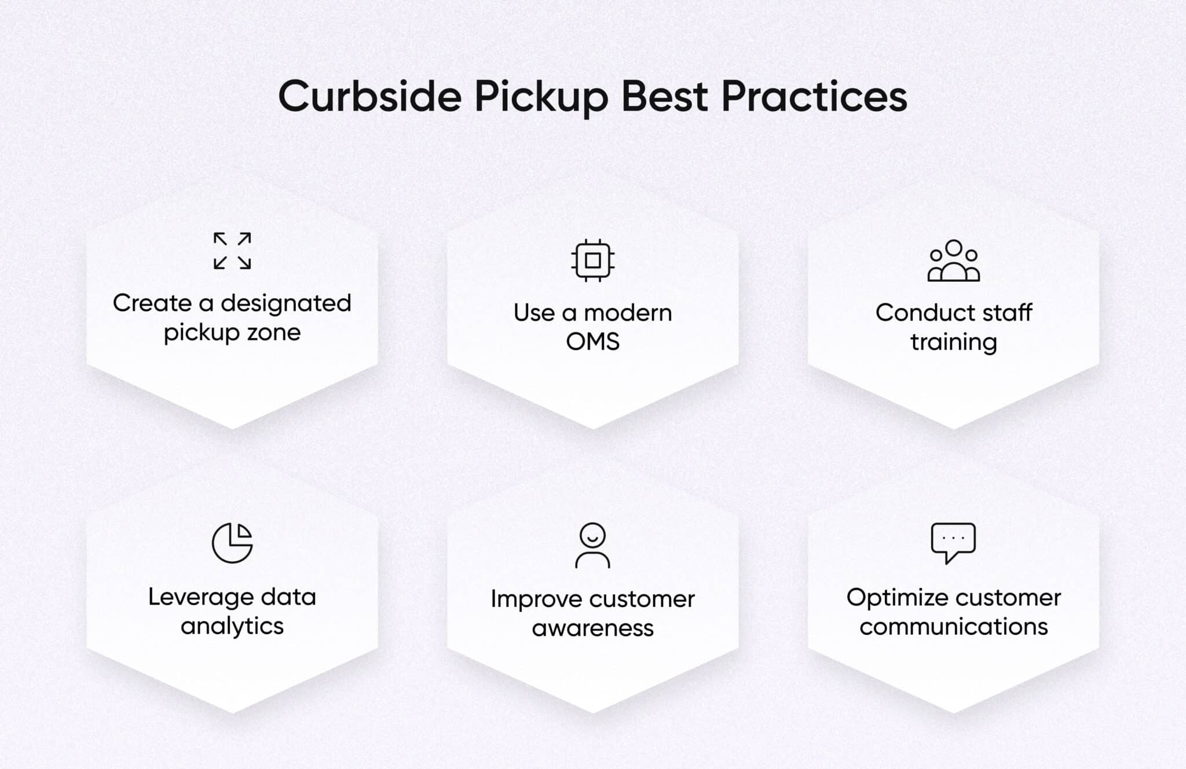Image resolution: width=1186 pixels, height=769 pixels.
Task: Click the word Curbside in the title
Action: point(369,96)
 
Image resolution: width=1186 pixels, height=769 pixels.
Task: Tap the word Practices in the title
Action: point(814,96)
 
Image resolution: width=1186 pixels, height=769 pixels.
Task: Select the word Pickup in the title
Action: point(541,97)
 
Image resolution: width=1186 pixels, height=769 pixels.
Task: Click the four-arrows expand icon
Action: point(232,251)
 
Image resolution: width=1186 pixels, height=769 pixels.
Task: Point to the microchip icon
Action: point(592,260)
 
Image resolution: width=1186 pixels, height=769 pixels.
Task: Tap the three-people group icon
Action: point(953,261)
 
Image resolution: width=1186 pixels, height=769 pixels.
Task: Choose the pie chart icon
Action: point(232,543)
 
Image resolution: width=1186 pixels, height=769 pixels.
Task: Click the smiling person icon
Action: point(592,545)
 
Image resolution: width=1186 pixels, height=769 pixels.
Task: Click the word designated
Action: point(286,303)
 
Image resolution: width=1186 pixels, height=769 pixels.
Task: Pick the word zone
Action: point(274,333)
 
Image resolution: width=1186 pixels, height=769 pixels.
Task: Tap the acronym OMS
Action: point(592,342)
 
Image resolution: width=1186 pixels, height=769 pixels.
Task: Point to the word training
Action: point(953,343)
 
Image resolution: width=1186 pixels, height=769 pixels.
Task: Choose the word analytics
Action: point(232,627)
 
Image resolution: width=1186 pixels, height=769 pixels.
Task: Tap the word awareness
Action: point(592,628)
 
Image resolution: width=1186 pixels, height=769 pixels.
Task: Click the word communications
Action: point(953,627)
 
